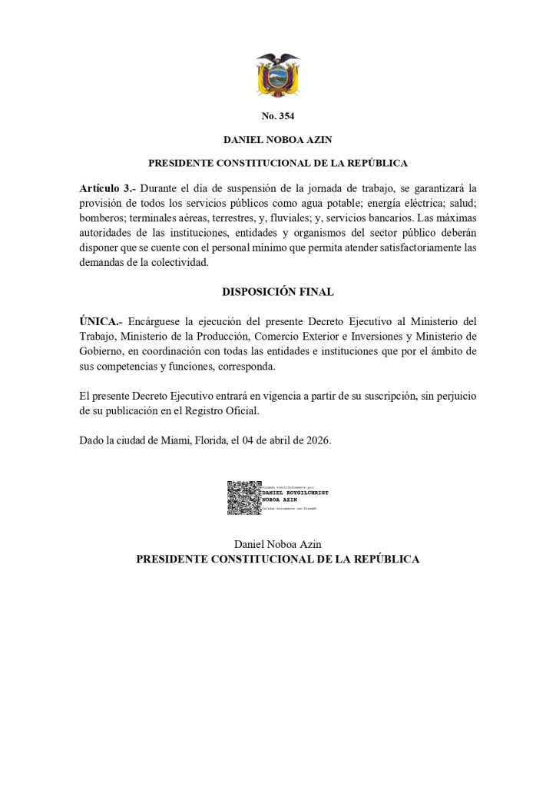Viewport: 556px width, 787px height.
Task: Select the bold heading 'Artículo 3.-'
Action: (x=104, y=188)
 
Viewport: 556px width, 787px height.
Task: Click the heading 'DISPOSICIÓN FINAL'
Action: (x=277, y=292)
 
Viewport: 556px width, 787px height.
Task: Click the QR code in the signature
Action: (x=243, y=496)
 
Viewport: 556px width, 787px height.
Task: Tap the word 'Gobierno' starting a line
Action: (x=101, y=351)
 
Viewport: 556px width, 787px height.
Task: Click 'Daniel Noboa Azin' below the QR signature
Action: (x=277, y=544)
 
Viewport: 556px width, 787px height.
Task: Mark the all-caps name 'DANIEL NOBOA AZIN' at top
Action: (x=277, y=141)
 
